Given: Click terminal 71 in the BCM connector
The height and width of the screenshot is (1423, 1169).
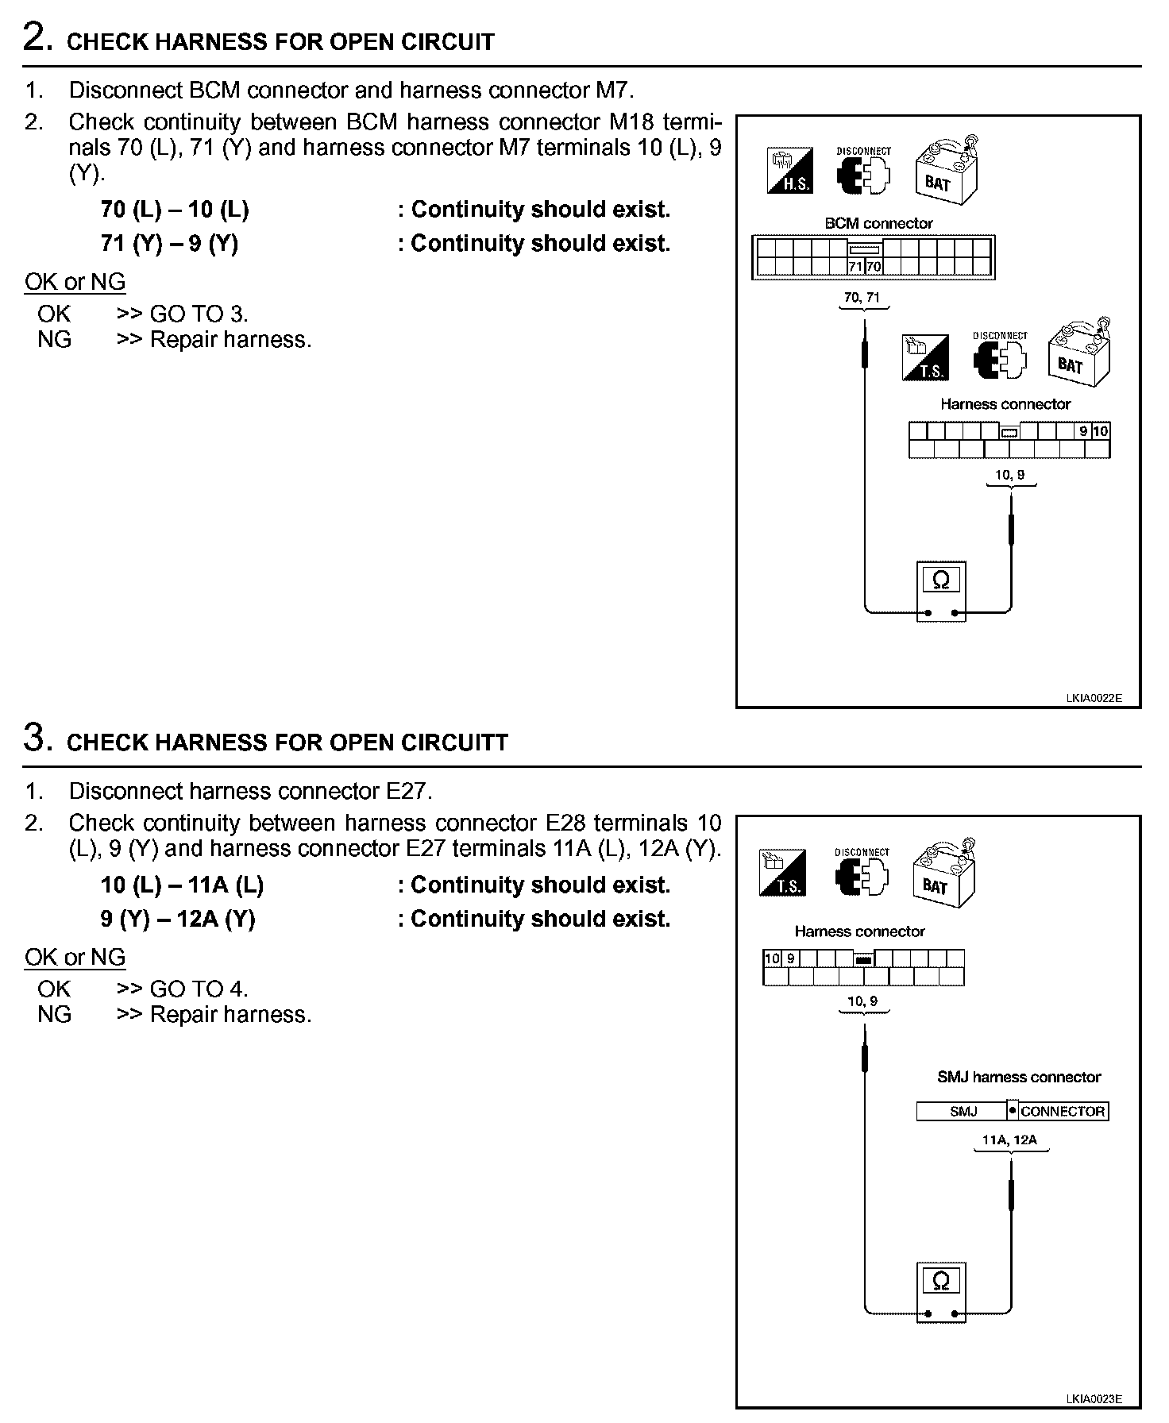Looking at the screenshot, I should click(x=855, y=267).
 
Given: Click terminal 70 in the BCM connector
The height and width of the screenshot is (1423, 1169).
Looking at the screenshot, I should click(x=874, y=267).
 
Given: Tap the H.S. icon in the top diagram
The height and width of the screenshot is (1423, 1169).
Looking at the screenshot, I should click(x=790, y=171).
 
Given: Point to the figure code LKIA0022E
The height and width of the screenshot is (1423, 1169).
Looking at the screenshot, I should click(x=1094, y=699).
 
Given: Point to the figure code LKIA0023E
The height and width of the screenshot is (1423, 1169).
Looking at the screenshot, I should click(x=1094, y=1399).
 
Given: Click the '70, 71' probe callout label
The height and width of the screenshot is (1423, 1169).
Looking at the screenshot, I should click(x=862, y=298).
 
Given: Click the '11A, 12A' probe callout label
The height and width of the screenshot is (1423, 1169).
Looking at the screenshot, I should click(x=1009, y=1140).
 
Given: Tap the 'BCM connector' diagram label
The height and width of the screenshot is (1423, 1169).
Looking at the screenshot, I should click(x=878, y=223).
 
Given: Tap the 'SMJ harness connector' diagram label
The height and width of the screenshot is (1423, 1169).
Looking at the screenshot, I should click(x=1019, y=1077).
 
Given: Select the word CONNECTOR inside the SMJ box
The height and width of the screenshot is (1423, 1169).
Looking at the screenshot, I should click(x=1062, y=1111).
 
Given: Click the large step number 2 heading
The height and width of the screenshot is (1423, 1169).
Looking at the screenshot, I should click(x=38, y=38).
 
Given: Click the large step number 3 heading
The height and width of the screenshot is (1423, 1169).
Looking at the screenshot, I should click(x=38, y=738).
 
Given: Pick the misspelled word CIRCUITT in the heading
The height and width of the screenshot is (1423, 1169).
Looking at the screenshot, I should click(x=463, y=742).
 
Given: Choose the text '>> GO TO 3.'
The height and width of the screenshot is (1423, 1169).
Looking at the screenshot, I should click(x=182, y=314).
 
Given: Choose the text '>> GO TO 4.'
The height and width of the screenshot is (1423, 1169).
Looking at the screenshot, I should click(x=182, y=989).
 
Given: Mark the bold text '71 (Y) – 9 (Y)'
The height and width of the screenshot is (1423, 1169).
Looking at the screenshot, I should click(x=169, y=243).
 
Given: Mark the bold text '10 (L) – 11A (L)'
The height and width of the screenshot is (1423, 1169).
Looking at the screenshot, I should click(x=182, y=885).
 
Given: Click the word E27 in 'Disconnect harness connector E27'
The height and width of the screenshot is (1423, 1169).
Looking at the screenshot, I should click(x=406, y=791).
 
